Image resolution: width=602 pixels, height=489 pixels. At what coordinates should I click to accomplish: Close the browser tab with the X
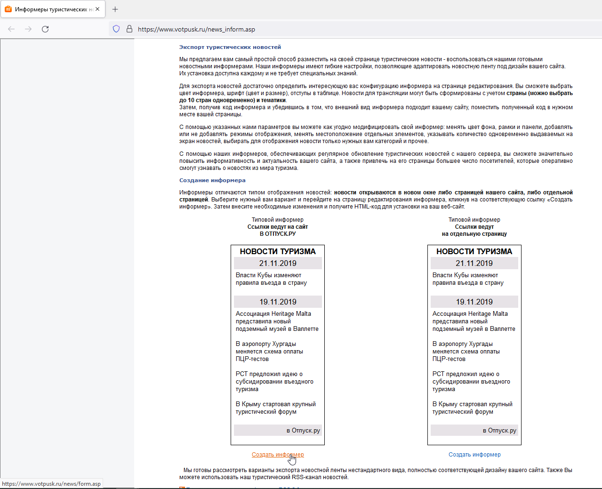[x=97, y=9]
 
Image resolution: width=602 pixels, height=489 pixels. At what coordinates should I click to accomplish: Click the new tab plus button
[x=115, y=9]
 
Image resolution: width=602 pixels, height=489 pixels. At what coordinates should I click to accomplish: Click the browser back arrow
[x=11, y=29]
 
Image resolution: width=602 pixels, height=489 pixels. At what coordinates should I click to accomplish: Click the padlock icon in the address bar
[x=129, y=29]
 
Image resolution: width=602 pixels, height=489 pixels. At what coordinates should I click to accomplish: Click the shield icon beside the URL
[x=116, y=29]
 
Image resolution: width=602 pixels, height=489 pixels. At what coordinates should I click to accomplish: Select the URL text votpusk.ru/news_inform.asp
[x=196, y=29]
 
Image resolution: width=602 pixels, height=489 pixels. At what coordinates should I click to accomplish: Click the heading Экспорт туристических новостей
[x=230, y=47]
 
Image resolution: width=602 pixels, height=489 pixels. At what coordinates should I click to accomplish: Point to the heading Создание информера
[x=212, y=180]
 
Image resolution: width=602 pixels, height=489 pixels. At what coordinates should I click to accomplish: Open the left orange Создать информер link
[x=278, y=455]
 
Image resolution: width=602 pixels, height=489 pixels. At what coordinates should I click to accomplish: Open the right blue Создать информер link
[x=474, y=455]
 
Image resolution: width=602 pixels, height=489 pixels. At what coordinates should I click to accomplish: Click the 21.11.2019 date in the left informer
[x=278, y=263]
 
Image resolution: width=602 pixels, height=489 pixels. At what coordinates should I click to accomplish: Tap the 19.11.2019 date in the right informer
[x=474, y=302]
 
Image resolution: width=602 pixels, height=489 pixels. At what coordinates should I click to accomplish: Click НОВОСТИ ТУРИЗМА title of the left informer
[x=278, y=251]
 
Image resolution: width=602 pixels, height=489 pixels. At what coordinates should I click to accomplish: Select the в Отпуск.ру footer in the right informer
[x=499, y=431]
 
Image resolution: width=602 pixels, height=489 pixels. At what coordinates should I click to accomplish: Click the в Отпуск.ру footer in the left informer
[x=303, y=431]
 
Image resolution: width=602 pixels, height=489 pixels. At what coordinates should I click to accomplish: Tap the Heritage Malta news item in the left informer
[x=277, y=321]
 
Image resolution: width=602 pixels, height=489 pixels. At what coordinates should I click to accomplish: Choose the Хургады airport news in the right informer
[x=466, y=352]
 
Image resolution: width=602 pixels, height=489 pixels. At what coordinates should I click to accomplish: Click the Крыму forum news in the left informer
[x=275, y=408]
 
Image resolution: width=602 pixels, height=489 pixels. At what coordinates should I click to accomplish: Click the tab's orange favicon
[x=8, y=9]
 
